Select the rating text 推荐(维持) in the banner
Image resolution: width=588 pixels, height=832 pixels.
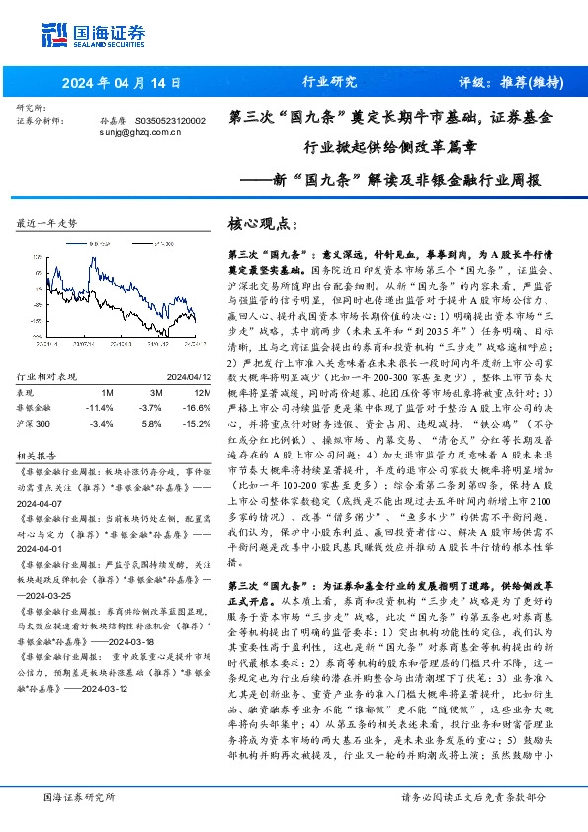(527, 82)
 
